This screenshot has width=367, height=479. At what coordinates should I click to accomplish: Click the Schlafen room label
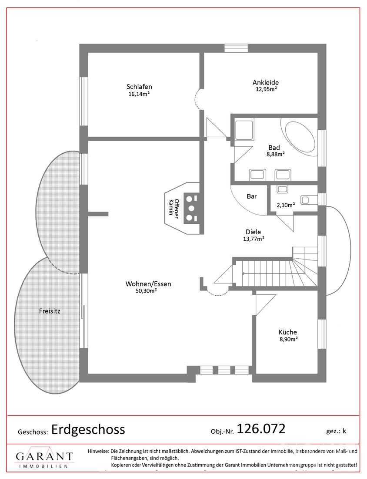(139, 87)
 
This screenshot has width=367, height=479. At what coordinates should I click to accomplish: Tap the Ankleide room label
(265, 82)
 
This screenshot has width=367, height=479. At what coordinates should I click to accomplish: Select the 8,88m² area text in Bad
(276, 154)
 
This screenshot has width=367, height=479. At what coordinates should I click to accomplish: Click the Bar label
(251, 196)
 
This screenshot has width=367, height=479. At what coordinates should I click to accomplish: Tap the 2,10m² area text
(286, 205)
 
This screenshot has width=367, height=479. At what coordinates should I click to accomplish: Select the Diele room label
(253, 232)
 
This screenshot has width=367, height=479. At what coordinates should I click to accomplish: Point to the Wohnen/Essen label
(148, 284)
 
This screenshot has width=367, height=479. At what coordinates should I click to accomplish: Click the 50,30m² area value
(146, 291)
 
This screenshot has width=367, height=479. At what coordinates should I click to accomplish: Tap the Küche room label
(288, 332)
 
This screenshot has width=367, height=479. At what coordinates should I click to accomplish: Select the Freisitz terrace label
(50, 311)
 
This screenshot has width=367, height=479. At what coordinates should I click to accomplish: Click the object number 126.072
(261, 429)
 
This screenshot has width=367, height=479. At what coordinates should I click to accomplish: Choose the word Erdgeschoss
(88, 429)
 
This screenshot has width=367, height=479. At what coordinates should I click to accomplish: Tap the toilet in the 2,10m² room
(309, 200)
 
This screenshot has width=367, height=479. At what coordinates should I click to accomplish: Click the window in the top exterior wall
(237, 48)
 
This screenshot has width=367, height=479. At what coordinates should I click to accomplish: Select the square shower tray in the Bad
(244, 130)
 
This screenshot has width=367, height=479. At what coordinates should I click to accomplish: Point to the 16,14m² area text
(139, 94)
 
